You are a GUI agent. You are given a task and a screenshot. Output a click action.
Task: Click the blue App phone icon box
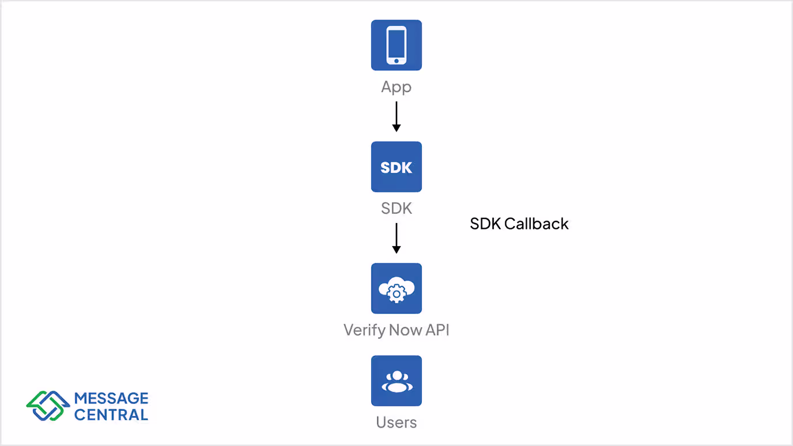pyautogui.click(x=396, y=45)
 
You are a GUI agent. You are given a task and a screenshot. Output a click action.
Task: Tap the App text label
pyautogui.click(x=396, y=88)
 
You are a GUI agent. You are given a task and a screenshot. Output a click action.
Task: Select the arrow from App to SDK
pyautogui.click(x=396, y=116)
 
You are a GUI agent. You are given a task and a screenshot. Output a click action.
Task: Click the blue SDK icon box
pyautogui.click(x=396, y=167)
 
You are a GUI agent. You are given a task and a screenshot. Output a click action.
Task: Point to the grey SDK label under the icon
pyautogui.click(x=396, y=209)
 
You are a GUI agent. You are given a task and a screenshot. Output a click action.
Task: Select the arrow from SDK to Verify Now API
pyautogui.click(x=396, y=237)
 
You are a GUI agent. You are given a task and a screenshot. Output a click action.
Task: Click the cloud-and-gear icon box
pyautogui.click(x=396, y=288)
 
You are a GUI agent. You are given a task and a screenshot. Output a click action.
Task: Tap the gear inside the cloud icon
pyautogui.click(x=396, y=294)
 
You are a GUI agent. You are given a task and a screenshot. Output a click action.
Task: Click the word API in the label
pyautogui.click(x=437, y=330)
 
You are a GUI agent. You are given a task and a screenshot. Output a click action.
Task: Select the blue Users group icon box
pyautogui.click(x=396, y=380)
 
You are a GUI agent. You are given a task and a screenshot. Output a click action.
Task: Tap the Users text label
pyautogui.click(x=396, y=422)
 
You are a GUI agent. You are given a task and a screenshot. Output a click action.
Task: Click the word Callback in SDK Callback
pyautogui.click(x=536, y=224)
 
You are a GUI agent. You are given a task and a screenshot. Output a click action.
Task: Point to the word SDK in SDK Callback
pyautogui.click(x=485, y=224)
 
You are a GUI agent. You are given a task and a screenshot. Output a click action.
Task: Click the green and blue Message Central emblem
pyautogui.click(x=48, y=406)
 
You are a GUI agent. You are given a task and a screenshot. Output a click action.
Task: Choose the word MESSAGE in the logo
pyautogui.click(x=111, y=398)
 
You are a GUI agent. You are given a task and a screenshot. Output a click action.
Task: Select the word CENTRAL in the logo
pyautogui.click(x=111, y=414)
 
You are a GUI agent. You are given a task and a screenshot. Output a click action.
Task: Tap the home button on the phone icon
pyautogui.click(x=396, y=60)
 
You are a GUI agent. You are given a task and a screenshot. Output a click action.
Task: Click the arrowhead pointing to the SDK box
pyautogui.click(x=396, y=128)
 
